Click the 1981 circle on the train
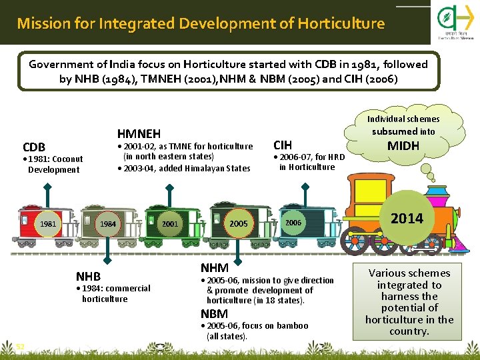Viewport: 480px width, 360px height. [x=47, y=224]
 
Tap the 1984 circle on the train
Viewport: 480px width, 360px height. [x=109, y=224]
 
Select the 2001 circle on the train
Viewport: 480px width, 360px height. [x=170, y=224]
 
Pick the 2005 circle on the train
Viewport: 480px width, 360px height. [x=239, y=224]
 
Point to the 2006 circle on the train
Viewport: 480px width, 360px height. [x=293, y=223]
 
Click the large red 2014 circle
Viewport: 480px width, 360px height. [x=407, y=218]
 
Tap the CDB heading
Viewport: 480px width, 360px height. [x=34, y=147]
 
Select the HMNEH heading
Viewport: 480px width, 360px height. [x=139, y=133]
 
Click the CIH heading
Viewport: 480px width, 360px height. [x=283, y=145]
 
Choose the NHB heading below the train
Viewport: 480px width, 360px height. [x=88, y=276]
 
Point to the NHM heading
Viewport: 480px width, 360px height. [x=214, y=267]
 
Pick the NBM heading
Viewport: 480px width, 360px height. [x=214, y=313]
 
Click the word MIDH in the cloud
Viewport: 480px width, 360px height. [x=403, y=145]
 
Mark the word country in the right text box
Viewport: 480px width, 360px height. [x=409, y=331]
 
